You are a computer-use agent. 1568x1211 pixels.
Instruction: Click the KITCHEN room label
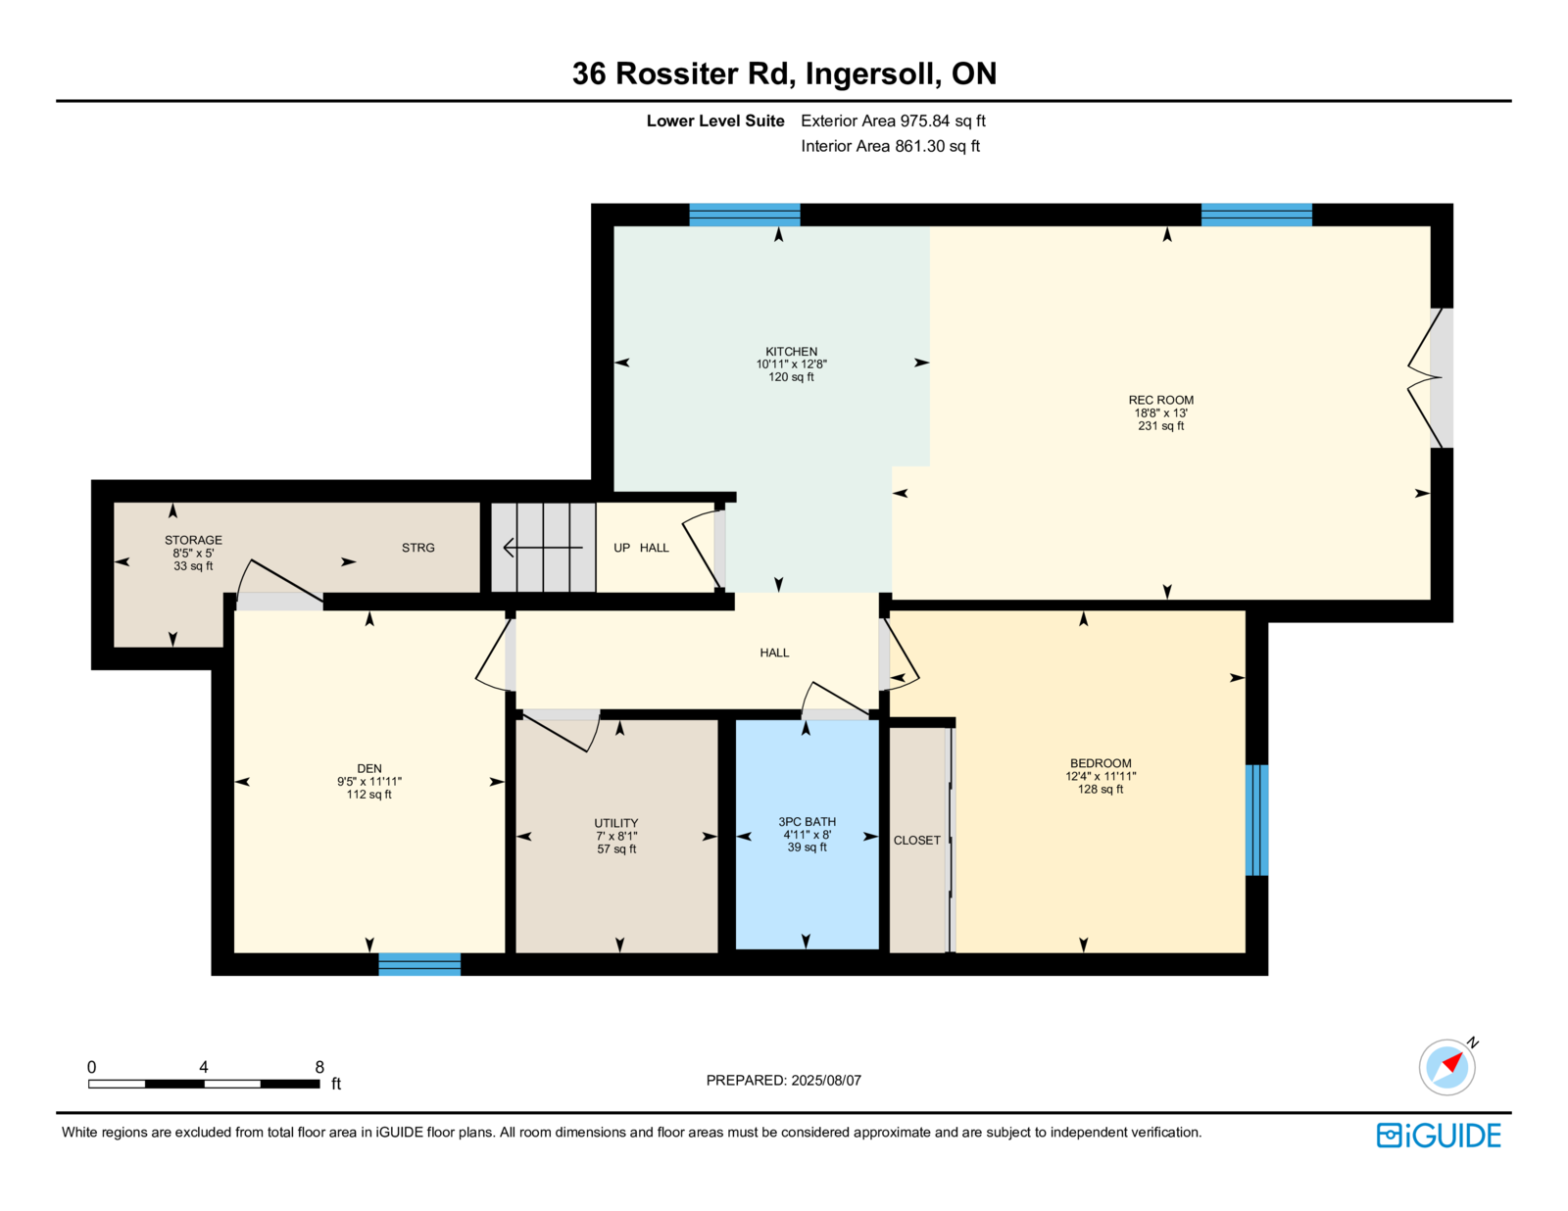pos(791,352)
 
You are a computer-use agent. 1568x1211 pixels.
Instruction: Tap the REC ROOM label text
pos(1160,400)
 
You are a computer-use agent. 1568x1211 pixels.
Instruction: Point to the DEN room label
pos(368,768)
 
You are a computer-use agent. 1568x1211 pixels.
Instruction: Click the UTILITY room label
pos(615,823)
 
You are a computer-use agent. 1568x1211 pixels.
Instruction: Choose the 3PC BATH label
pos(807,821)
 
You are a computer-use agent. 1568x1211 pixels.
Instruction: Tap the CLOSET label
pos(916,841)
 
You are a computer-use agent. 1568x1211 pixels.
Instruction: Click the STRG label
pos(417,548)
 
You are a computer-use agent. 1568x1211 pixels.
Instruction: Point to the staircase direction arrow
pos(543,548)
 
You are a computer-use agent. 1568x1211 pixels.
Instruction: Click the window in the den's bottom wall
pos(419,964)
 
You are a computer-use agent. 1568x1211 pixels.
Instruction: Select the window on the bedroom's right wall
pos(1256,820)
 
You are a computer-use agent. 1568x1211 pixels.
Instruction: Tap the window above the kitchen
pos(744,215)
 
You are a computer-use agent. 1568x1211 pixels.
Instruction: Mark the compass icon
pos(1447,1066)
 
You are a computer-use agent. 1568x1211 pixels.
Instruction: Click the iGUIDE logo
pos(1438,1136)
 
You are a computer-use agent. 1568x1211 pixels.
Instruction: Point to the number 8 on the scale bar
pos(318,1067)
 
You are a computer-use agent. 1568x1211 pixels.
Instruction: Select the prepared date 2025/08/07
pos(825,1080)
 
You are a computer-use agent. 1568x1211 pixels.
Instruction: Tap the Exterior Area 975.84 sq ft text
pos(893,121)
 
